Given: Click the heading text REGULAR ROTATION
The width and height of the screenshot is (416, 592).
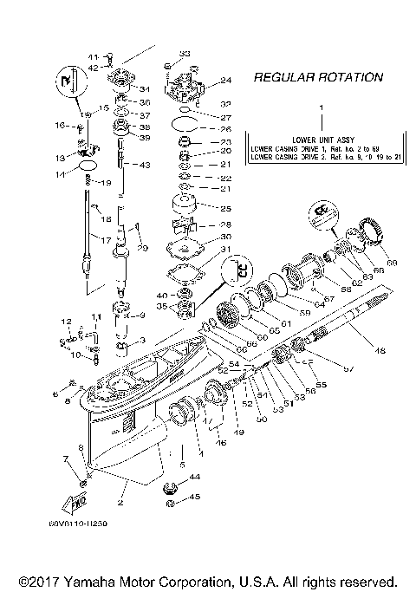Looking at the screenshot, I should pyautogui.click(x=318, y=78).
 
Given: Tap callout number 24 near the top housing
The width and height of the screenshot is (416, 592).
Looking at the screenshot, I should pyautogui.click(x=226, y=81).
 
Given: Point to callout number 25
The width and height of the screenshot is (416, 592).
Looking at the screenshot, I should pyautogui.click(x=226, y=209).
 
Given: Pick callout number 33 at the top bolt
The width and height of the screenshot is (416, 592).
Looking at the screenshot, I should pyautogui.click(x=185, y=55).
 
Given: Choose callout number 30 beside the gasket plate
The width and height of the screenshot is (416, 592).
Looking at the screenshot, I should pyautogui.click(x=226, y=236).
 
